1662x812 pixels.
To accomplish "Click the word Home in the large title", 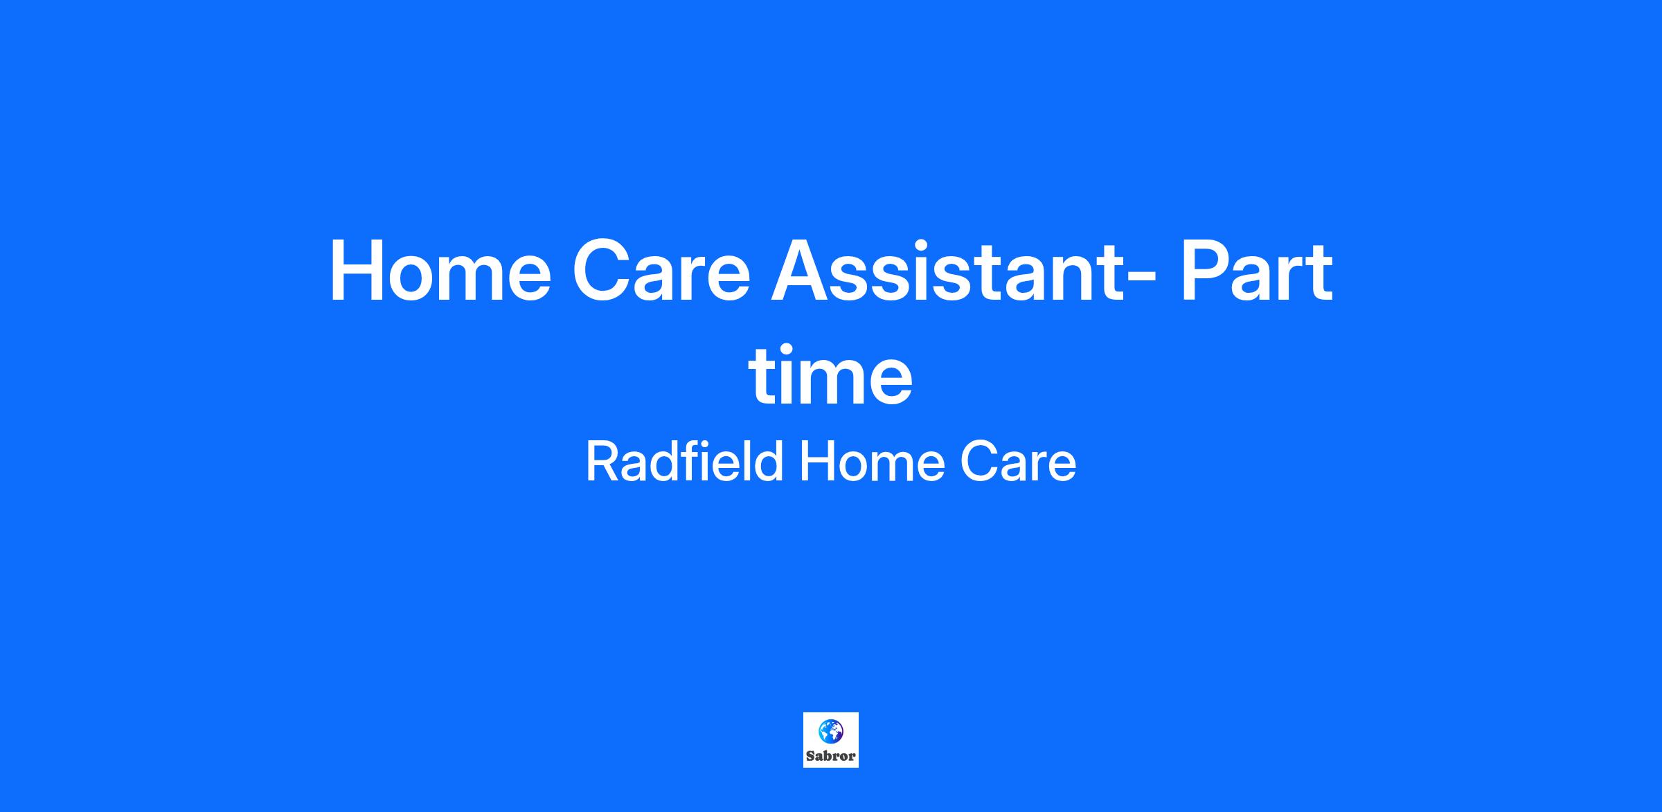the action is [x=440, y=271].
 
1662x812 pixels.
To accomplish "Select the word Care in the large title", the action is [x=661, y=271].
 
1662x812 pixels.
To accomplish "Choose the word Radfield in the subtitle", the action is [x=684, y=462].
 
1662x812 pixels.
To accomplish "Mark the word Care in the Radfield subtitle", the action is [x=1018, y=462].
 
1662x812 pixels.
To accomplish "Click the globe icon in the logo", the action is [x=831, y=731].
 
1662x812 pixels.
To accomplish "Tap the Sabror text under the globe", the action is [x=831, y=756].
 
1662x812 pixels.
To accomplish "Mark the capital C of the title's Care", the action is [x=603, y=271].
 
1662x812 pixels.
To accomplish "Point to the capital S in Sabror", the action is [x=810, y=756].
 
